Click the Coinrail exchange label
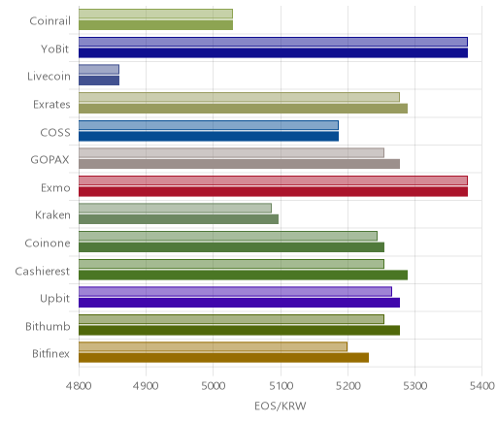(x=50, y=21)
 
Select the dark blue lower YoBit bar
(x=273, y=52)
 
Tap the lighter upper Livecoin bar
(x=99, y=69)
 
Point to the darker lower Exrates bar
(x=243, y=109)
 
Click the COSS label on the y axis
(x=55, y=132)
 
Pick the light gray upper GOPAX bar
(x=231, y=153)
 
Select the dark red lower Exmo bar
(x=273, y=192)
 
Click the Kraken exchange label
(x=52, y=215)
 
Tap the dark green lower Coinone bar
(x=231, y=247)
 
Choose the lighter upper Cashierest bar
(x=231, y=264)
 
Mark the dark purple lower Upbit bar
(x=239, y=303)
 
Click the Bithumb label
(x=48, y=326)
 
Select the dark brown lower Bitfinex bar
(x=223, y=358)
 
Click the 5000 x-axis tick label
(x=214, y=386)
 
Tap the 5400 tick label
(x=481, y=386)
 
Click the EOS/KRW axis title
(x=281, y=406)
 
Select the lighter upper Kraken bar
(x=175, y=209)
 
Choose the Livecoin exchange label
(x=49, y=77)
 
